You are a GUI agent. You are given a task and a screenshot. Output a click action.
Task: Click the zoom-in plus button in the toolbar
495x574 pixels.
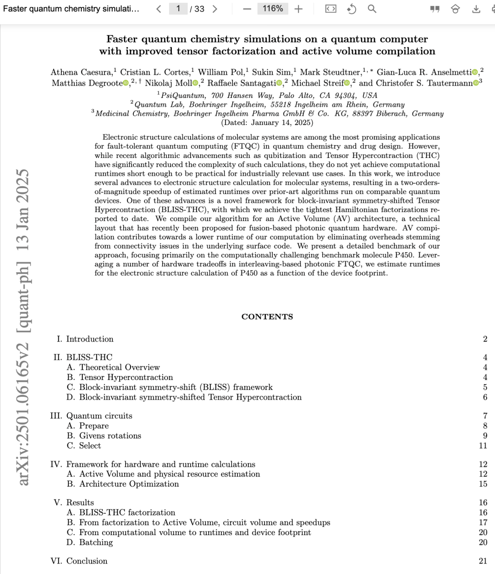pyautogui.click(x=298, y=9)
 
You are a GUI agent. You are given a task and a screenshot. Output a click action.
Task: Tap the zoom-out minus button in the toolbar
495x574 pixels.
pyautogui.click(x=247, y=9)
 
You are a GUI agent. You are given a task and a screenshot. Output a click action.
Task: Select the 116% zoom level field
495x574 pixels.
pyautogui.click(x=272, y=9)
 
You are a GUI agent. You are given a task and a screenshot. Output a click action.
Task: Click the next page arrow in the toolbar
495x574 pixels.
pyautogui.click(x=215, y=9)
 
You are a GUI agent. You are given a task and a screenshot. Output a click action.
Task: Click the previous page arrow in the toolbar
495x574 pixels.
pyautogui.click(x=159, y=9)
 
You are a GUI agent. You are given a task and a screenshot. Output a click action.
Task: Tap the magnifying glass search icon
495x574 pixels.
pyautogui.click(x=372, y=9)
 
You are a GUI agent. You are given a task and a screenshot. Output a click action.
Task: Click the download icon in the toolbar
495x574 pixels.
pyautogui.click(x=476, y=9)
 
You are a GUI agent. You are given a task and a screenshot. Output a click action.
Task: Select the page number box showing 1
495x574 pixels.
pyautogui.click(x=178, y=9)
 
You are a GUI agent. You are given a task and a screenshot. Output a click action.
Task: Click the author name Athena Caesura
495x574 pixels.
pyautogui.click(x=81, y=72)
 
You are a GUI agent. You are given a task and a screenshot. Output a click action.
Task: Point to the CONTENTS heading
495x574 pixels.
pyautogui.click(x=267, y=317)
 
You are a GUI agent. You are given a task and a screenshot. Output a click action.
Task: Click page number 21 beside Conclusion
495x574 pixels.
pyautogui.click(x=483, y=561)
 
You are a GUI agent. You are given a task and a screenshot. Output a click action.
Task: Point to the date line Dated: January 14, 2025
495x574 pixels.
pyautogui.click(x=267, y=123)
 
